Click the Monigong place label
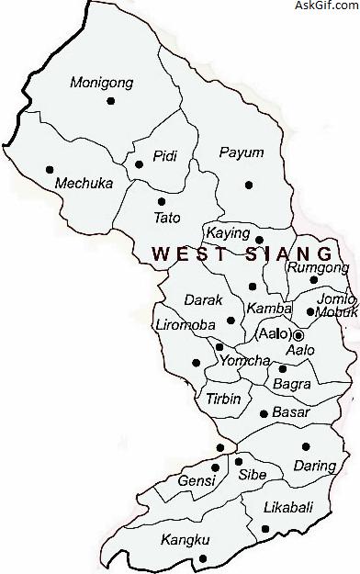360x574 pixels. point(102,83)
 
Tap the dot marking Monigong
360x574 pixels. point(111,102)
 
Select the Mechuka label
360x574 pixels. point(84,183)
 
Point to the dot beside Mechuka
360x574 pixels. point(49,169)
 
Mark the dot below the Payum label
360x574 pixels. point(248,185)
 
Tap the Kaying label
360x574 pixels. point(228,234)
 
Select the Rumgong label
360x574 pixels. point(319,267)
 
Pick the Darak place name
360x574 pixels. point(197,299)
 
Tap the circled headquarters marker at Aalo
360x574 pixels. point(298,335)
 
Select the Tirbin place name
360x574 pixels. point(223,398)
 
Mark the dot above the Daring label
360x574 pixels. point(306,447)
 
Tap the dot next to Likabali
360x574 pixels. point(264,528)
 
